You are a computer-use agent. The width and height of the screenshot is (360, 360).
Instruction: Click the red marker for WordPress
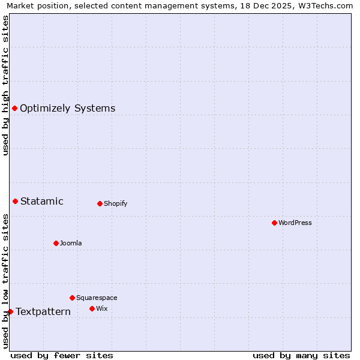[274, 223]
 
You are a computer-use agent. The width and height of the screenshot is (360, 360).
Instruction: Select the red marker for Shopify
[100, 203]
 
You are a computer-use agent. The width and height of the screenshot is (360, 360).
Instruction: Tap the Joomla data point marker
[56, 243]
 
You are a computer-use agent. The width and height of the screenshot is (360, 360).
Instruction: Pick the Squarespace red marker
[72, 298]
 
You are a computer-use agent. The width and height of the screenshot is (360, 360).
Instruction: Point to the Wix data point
[92, 308]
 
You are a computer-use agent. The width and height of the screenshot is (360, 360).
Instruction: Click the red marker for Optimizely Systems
[14, 108]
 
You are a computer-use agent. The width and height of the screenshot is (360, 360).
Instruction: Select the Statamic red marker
[15, 201]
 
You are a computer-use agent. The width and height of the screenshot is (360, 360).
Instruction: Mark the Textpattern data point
[10, 311]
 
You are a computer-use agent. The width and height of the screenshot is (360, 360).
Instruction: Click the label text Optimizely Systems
[67, 109]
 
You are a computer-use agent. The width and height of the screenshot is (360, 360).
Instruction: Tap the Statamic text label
[41, 201]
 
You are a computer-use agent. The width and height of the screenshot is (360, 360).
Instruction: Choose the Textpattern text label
[43, 311]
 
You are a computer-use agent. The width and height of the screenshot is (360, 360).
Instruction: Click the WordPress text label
[295, 223]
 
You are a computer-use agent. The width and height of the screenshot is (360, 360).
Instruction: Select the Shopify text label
[115, 203]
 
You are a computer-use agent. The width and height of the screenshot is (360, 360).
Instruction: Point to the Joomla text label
[71, 243]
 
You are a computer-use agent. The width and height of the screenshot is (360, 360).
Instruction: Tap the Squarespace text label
[97, 298]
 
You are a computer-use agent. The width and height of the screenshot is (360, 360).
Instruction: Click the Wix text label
[101, 308]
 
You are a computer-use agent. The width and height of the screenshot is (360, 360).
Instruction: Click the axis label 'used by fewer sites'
[62, 355]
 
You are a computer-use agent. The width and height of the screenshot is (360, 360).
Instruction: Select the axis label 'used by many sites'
[301, 355]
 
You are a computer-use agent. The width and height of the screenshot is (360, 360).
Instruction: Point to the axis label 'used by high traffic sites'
[5, 85]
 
